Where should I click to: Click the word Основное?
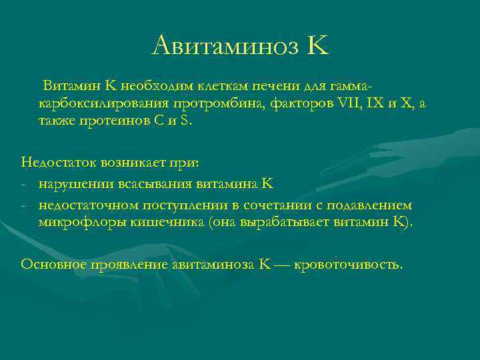(53, 264)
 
